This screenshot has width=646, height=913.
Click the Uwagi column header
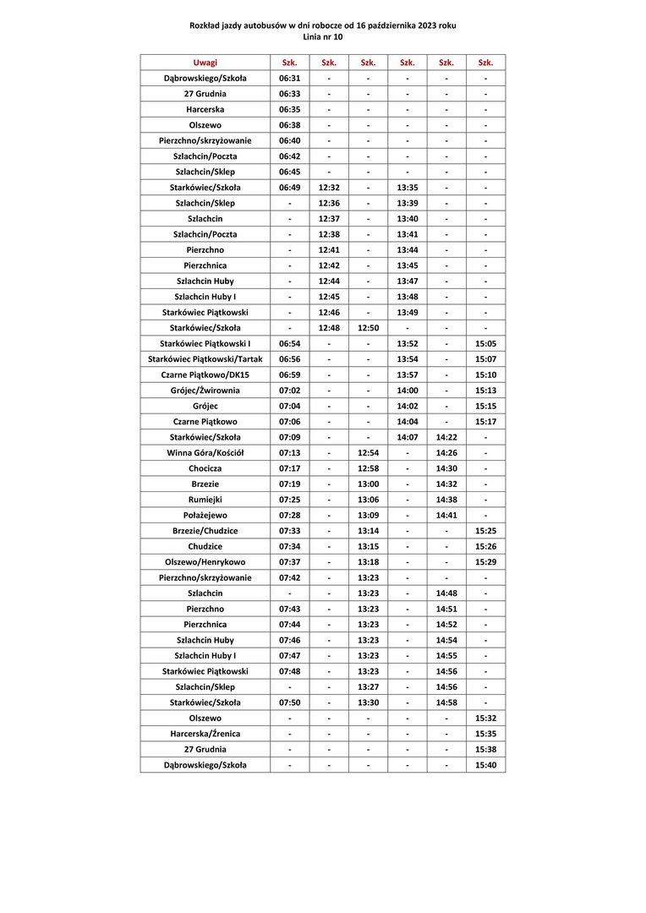click(205, 63)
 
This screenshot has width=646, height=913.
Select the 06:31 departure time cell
click(289, 79)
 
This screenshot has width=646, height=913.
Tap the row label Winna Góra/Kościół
click(205, 453)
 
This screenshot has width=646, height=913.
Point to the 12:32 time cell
click(329, 188)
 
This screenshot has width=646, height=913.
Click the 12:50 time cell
click(368, 328)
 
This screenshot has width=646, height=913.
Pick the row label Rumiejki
click(205, 500)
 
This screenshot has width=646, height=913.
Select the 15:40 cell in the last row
click(485, 765)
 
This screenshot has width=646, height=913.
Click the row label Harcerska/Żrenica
click(205, 734)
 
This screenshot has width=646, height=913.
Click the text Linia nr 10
click(322, 37)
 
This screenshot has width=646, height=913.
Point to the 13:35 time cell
click(407, 188)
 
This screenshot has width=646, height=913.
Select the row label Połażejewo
click(205, 516)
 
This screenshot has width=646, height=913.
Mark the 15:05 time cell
click(485, 344)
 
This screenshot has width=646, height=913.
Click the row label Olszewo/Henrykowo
click(205, 562)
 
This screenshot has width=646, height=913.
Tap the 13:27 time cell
click(368, 687)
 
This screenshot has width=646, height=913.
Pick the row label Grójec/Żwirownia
click(205, 391)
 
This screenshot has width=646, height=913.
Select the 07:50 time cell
click(289, 703)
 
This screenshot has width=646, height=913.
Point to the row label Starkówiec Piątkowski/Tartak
click(205, 359)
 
